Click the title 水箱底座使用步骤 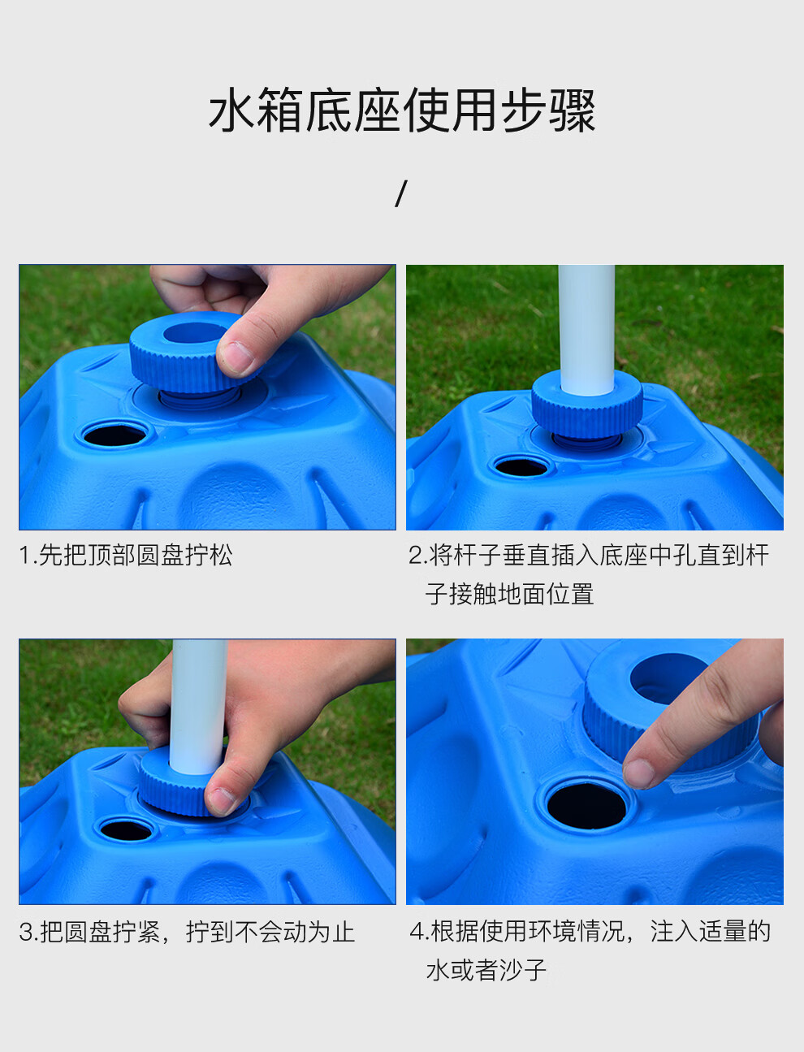point(401,110)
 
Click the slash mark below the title point(401,193)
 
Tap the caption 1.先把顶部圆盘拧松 point(126,555)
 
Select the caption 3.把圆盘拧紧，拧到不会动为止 point(187,932)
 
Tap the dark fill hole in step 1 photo point(115,435)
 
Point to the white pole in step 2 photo point(587,330)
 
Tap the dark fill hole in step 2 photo point(521,467)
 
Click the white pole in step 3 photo point(199,708)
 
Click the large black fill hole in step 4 point(586,806)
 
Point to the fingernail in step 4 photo point(638,773)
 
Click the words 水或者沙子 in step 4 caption point(486,970)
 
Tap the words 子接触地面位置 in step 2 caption point(510,594)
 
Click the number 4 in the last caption point(417,933)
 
